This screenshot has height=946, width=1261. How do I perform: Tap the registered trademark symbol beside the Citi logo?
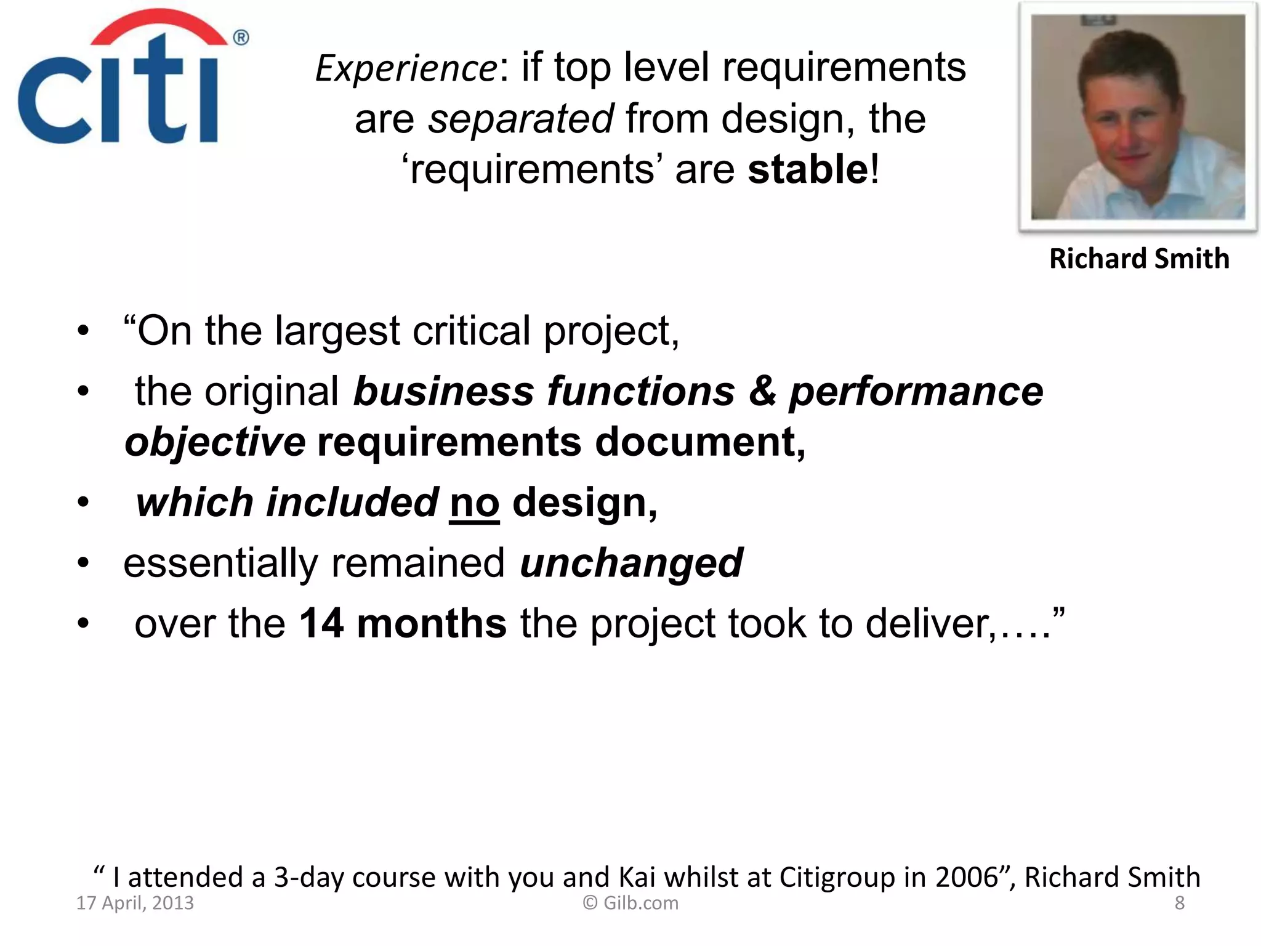241,38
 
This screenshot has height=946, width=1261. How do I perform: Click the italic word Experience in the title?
406,68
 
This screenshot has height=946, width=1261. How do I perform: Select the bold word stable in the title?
807,169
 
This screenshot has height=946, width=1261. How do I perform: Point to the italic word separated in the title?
520,119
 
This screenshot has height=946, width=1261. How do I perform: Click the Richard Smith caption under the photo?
1138,259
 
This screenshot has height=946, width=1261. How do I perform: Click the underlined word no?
474,503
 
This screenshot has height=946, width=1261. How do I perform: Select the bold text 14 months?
403,623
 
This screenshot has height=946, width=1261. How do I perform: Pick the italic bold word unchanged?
631,563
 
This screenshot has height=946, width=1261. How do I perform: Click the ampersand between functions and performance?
762,392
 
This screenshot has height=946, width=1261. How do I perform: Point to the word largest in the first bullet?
337,331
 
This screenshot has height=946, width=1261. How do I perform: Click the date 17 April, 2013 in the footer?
135,903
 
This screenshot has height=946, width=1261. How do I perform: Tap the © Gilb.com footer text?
630,903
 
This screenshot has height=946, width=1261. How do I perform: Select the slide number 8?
1179,903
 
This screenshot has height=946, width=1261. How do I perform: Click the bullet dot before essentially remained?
83,563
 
